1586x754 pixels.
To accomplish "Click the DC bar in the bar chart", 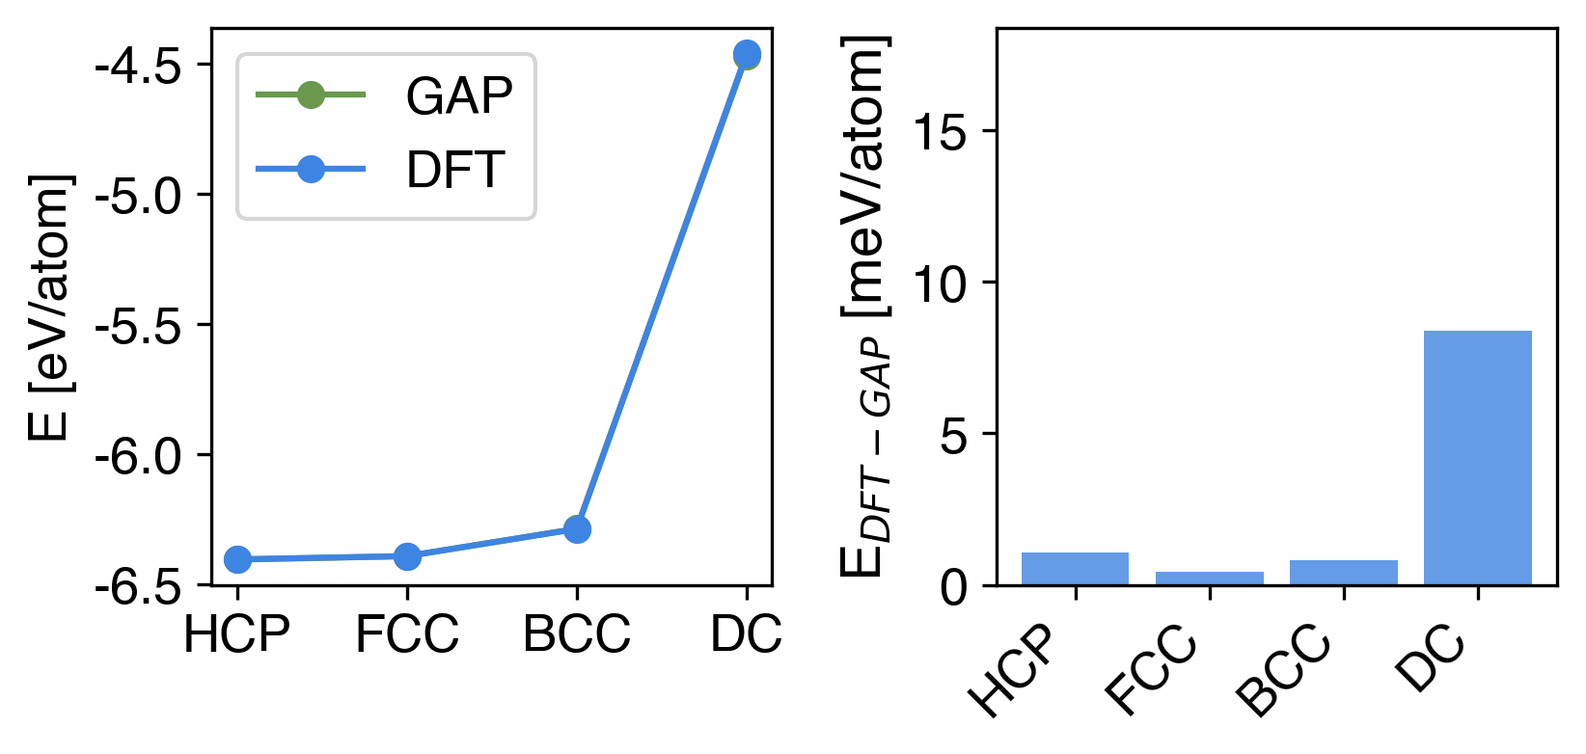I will pyautogui.click(x=1477, y=457).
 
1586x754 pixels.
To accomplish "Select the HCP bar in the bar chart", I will pyautogui.click(x=1075, y=569).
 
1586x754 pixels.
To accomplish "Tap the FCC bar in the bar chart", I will pyautogui.click(x=1209, y=578).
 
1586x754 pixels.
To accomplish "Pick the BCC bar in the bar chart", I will pyautogui.click(x=1343, y=573).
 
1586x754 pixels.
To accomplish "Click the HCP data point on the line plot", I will pyautogui.click(x=237, y=559).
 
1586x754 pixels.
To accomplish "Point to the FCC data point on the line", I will pyautogui.click(x=407, y=556).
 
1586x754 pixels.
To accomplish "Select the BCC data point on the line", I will pyautogui.click(x=577, y=529).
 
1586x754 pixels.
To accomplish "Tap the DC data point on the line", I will pyautogui.click(x=747, y=54).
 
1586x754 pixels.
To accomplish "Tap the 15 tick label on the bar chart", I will pyautogui.click(x=941, y=132).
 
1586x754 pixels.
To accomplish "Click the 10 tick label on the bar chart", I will pyautogui.click(x=941, y=283).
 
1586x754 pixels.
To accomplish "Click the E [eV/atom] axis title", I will pyautogui.click(x=50, y=308).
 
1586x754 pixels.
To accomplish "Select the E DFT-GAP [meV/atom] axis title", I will pyautogui.click(x=864, y=308).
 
